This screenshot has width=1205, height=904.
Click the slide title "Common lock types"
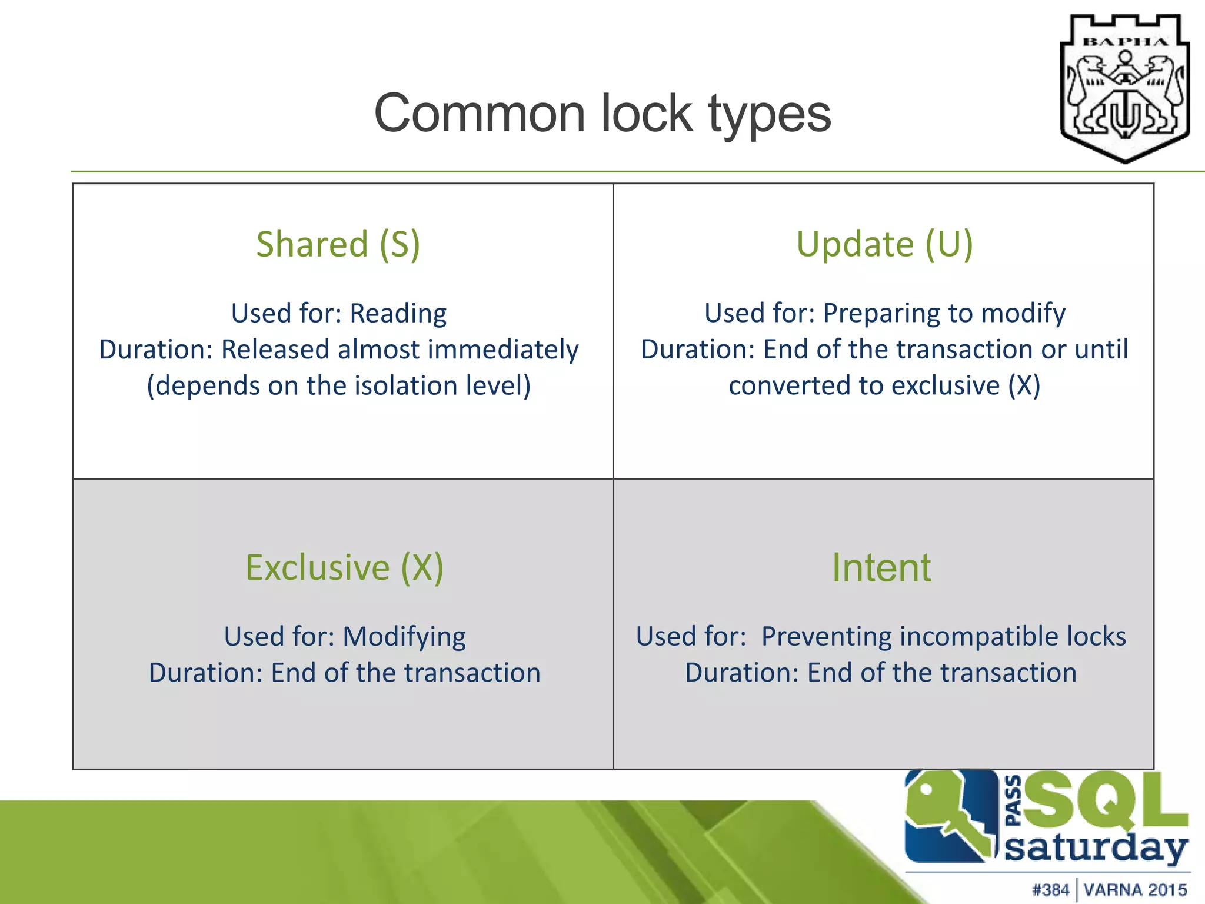pyautogui.click(x=602, y=114)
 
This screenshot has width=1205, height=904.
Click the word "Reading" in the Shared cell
pyautogui.click(x=398, y=313)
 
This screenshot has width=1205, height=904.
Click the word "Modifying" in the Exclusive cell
pyautogui.click(x=404, y=637)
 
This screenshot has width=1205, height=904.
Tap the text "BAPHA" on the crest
pyautogui.click(x=1125, y=42)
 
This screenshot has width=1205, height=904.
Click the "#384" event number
pyautogui.click(x=1051, y=889)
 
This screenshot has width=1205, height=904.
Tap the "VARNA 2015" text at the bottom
pyautogui.click(x=1135, y=889)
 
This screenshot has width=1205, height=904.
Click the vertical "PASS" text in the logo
pyautogui.click(x=1013, y=800)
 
